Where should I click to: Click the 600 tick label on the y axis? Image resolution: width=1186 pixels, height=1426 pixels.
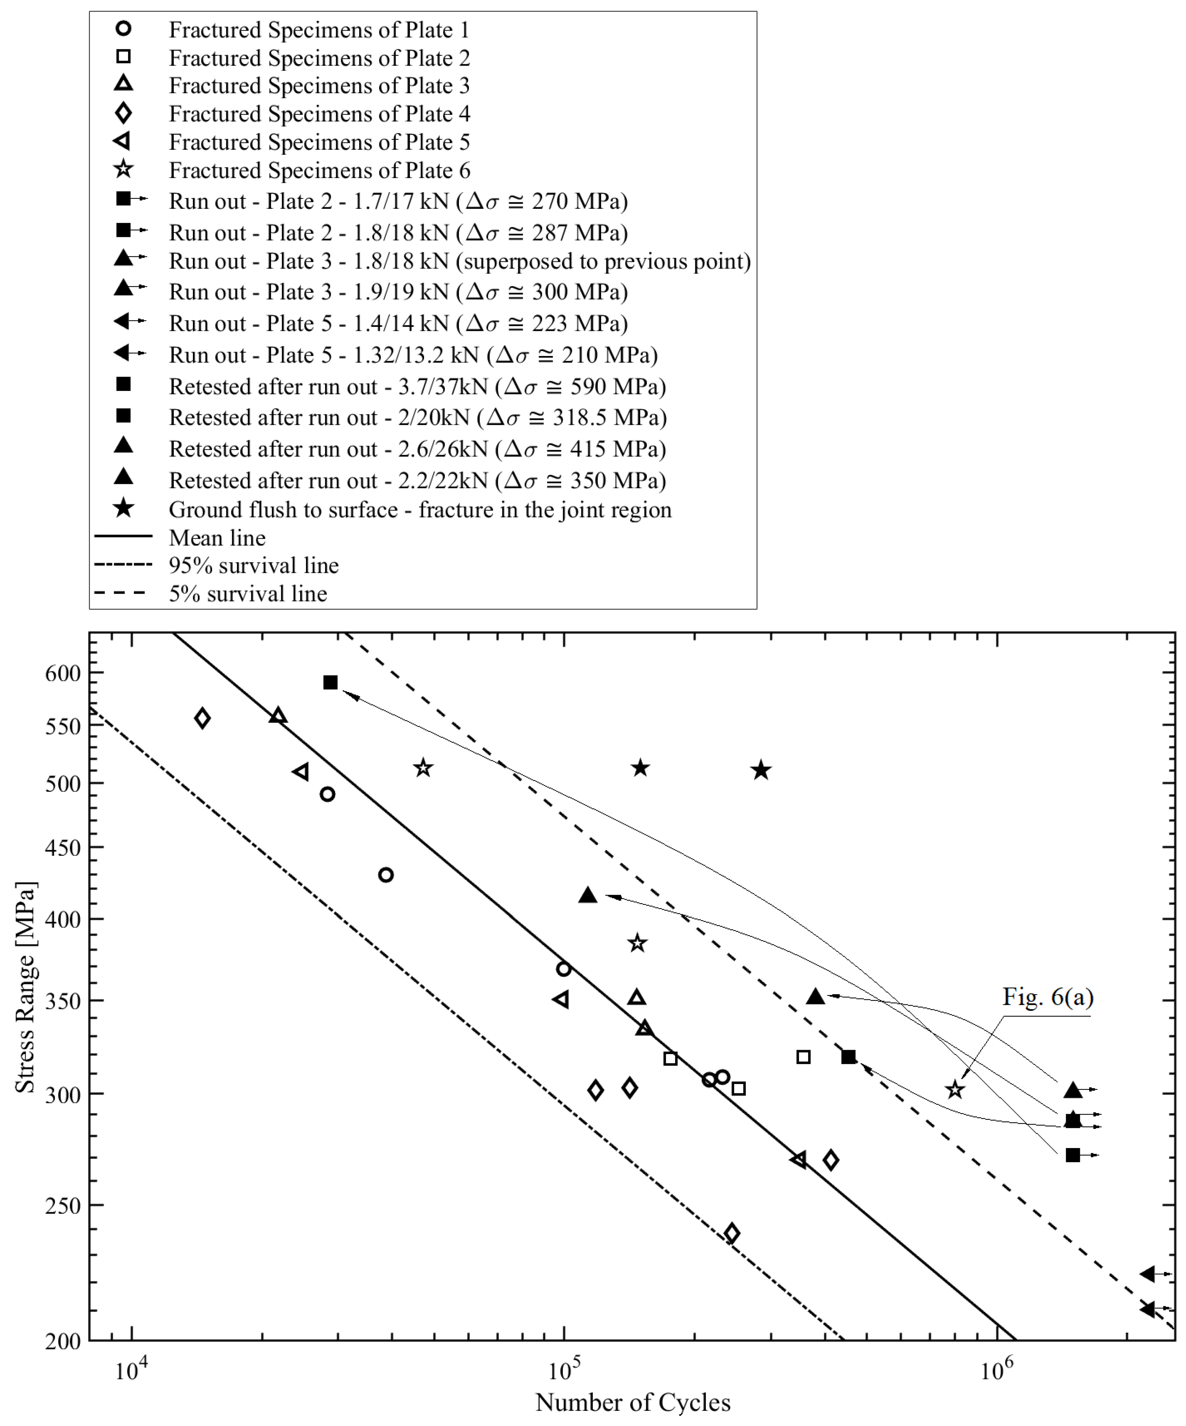coord(63,674)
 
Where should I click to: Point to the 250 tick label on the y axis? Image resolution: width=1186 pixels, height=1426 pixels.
coord(63,1206)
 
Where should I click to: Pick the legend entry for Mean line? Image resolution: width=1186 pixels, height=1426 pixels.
coord(217,538)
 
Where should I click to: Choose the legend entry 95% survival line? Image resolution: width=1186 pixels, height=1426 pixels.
coord(253,566)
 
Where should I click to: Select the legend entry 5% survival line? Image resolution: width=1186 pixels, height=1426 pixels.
coord(248,594)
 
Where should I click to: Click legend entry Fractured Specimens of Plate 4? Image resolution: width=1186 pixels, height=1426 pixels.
coord(319,114)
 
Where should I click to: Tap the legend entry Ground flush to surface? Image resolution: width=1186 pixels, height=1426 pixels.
coord(420,510)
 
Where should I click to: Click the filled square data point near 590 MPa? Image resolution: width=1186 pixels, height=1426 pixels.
coord(331,683)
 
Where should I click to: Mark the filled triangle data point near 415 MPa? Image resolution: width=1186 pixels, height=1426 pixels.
coord(588,896)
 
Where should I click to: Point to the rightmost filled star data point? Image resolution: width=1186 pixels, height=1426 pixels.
coord(761,770)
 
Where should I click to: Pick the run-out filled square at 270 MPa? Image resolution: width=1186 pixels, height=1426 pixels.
coord(1073,1155)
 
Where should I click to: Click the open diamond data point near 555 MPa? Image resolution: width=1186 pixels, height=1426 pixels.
coord(202,719)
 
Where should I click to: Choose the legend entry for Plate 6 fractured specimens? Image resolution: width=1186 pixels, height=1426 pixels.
coord(319,170)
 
